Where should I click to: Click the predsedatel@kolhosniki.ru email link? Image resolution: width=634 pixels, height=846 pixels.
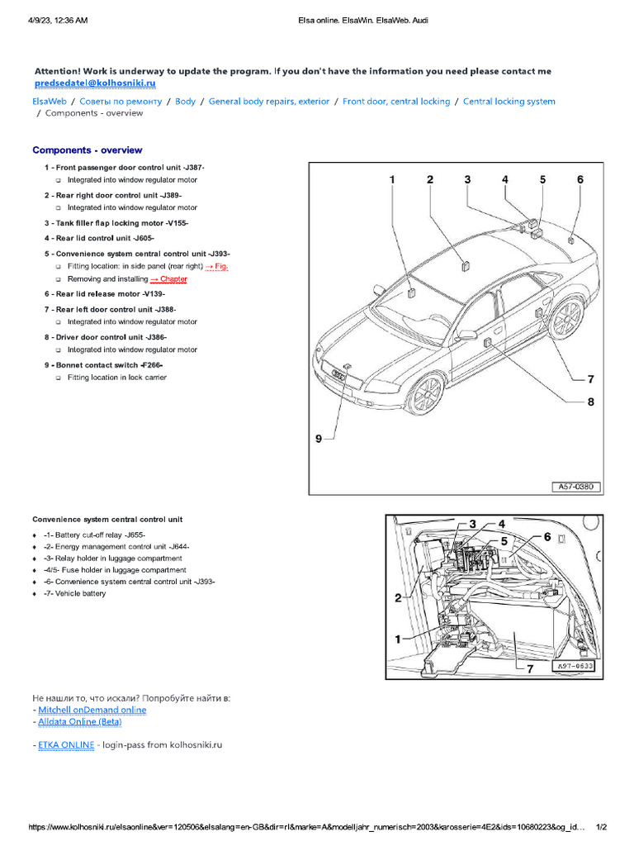(95, 83)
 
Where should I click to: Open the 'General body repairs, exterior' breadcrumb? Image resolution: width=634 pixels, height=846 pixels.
(268, 102)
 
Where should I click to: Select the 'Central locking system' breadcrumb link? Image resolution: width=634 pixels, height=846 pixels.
(509, 102)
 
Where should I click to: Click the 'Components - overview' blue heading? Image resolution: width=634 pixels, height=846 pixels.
(87, 150)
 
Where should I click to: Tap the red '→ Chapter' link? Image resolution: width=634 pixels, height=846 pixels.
(168, 279)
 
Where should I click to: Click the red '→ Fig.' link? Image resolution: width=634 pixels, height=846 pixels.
(215, 266)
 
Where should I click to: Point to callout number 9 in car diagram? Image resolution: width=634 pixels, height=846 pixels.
(319, 440)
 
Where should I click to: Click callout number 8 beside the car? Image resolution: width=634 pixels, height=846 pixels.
(590, 402)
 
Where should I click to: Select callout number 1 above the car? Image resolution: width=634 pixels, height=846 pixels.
(392, 179)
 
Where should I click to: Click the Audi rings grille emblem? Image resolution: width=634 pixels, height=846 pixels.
(338, 375)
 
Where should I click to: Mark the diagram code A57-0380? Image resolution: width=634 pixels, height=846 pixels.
(576, 487)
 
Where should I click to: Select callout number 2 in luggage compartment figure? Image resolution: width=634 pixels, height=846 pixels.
(398, 597)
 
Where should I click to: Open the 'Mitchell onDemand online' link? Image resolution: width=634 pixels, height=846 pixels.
(92, 710)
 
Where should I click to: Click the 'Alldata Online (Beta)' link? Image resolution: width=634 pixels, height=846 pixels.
(80, 722)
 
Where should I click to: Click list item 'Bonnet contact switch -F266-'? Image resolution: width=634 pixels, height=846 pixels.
(108, 364)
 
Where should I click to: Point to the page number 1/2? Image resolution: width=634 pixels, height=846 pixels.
(601, 827)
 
